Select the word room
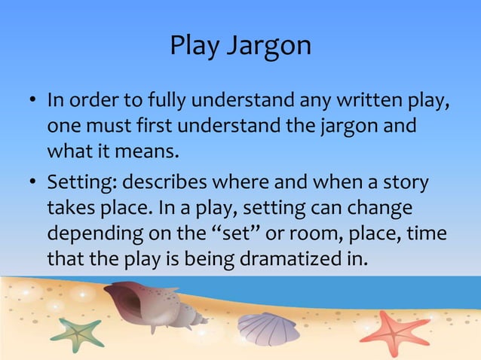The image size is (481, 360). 319,233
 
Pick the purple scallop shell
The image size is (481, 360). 267,327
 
